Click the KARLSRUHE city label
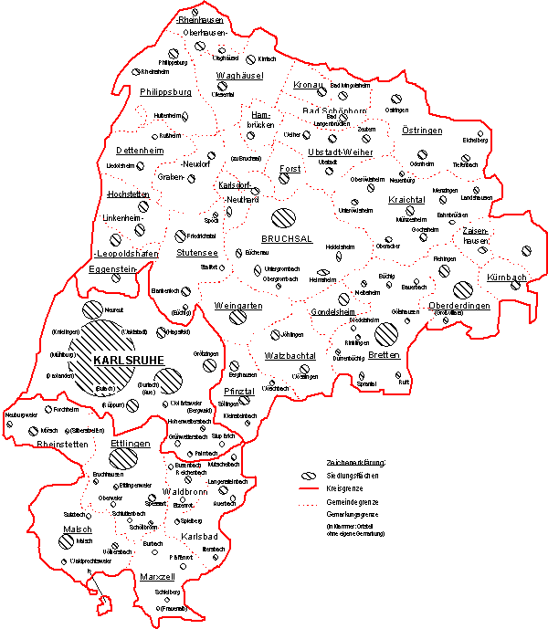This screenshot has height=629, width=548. point(135,361)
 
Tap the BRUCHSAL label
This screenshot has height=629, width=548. point(287,239)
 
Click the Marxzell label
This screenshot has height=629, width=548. point(157,576)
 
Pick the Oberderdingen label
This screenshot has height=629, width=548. point(459,306)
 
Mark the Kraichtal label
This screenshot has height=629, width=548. point(406,198)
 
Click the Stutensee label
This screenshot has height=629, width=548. point(196,251)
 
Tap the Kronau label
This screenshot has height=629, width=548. point(311,84)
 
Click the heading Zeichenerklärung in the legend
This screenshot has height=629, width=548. point(356,463)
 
